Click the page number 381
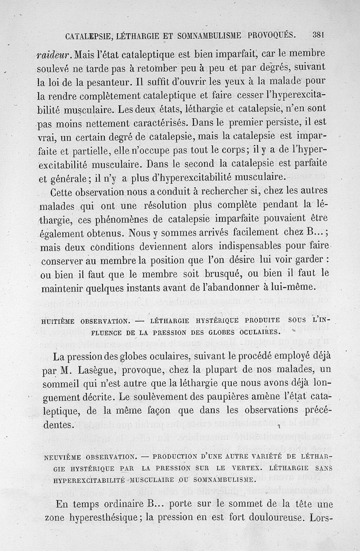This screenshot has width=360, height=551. [319, 35]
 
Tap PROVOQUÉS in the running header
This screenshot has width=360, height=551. [270, 35]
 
